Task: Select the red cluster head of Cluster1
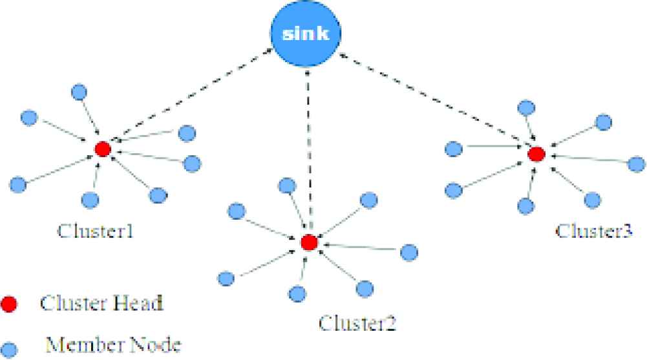tap(102, 149)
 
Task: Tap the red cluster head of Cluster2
tap(309, 242)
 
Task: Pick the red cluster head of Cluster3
tap(535, 154)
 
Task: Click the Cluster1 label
tap(96, 231)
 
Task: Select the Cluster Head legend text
tap(100, 303)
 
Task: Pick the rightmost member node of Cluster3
tap(637, 164)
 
